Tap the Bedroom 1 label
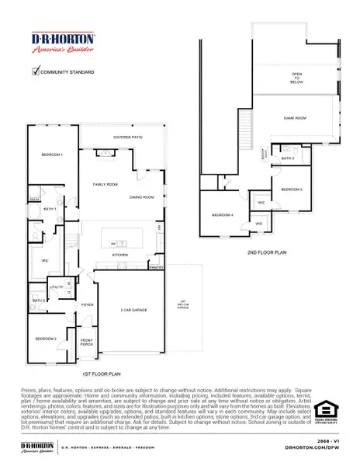click(x=52, y=155)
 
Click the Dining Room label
click(x=142, y=197)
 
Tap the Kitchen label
click(x=119, y=255)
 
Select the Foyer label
click(x=88, y=305)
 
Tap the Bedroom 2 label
click(x=46, y=339)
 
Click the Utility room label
click(x=57, y=287)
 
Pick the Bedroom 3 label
click(x=291, y=190)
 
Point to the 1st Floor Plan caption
click(x=96, y=374)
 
